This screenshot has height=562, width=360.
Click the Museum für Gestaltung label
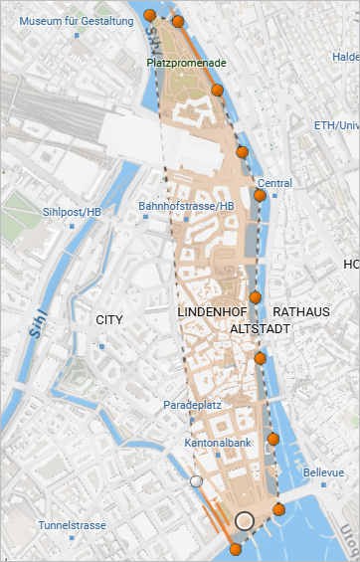[76, 21]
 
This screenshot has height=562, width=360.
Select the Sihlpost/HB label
[73, 212]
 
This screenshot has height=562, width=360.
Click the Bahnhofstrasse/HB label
[186, 206]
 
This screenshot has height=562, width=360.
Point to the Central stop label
[274, 183]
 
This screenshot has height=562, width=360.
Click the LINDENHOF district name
[211, 312]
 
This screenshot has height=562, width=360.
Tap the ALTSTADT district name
[259, 327]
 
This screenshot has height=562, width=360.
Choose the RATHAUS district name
[300, 312]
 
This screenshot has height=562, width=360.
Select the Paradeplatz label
[193, 406]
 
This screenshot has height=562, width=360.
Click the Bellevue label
[323, 471]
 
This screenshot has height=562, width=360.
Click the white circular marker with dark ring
[246, 520]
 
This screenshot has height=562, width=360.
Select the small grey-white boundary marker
[197, 481]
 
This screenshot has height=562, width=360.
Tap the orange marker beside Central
[261, 196]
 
